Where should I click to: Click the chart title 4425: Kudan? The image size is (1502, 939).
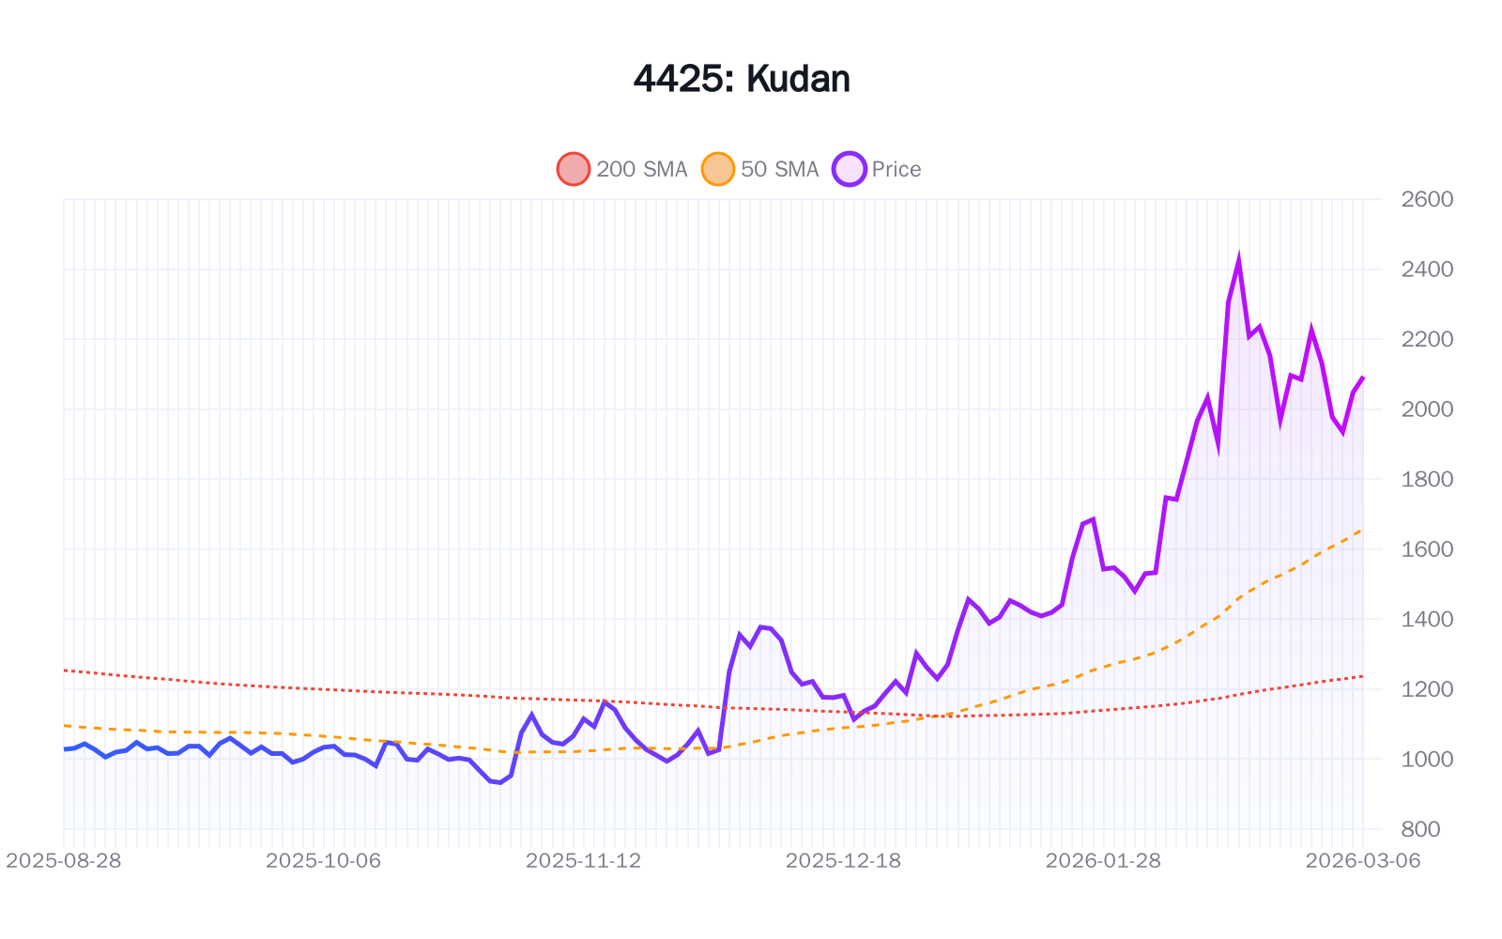(x=742, y=79)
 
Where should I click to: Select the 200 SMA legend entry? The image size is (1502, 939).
(x=622, y=169)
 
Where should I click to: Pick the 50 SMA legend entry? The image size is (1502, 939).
(x=761, y=169)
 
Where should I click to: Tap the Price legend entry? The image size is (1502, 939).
(x=878, y=169)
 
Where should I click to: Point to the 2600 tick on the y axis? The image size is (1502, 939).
(x=1427, y=199)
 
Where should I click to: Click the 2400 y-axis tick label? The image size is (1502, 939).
(x=1427, y=269)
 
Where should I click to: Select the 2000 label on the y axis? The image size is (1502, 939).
(x=1427, y=409)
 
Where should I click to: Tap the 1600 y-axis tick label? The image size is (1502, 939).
(x=1427, y=549)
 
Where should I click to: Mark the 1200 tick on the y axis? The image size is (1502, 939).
(x=1427, y=689)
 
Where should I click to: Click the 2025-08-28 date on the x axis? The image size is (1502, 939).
(x=64, y=861)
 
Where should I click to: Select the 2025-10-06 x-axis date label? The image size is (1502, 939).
(x=324, y=861)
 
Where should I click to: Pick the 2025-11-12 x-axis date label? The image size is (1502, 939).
(x=584, y=861)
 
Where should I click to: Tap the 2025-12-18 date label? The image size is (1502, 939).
(x=843, y=861)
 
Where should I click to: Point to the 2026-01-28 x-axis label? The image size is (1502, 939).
(x=1103, y=861)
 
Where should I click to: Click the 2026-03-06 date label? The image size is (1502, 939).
(x=1363, y=861)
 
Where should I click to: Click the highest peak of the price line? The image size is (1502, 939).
(x=1239, y=260)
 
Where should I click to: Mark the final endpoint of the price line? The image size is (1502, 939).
(x=1363, y=377)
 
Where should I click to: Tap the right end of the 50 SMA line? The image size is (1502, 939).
(x=1363, y=530)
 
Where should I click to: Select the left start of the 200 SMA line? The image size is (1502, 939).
(x=64, y=670)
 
